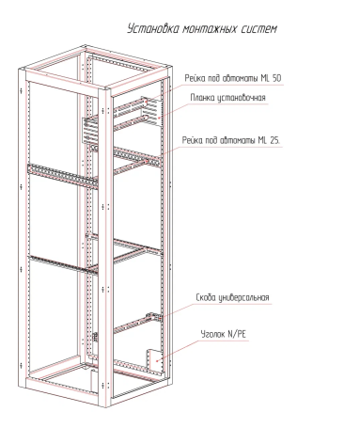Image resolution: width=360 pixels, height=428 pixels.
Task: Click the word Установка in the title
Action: point(153,29)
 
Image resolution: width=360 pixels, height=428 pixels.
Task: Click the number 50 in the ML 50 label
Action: point(276,78)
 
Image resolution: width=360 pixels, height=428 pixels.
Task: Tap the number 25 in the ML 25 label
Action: point(274,140)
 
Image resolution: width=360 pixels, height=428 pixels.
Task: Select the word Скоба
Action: point(206,297)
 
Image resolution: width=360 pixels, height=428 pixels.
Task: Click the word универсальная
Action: point(243,297)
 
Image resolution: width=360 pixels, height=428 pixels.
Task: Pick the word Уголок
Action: point(213,334)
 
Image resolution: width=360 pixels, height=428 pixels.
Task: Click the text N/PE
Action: point(237,334)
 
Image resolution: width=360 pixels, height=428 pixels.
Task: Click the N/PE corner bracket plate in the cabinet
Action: point(154,360)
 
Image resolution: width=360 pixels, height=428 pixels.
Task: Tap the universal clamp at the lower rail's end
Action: point(154,317)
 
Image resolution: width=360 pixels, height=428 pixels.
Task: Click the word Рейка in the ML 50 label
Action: point(194,78)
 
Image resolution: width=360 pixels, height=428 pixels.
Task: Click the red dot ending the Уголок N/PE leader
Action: point(157,361)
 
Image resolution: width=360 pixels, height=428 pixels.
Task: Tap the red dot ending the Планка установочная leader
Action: point(159,118)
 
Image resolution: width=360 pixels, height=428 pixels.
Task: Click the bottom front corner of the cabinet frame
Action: point(104,407)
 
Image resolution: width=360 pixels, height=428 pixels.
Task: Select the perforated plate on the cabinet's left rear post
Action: point(90,131)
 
